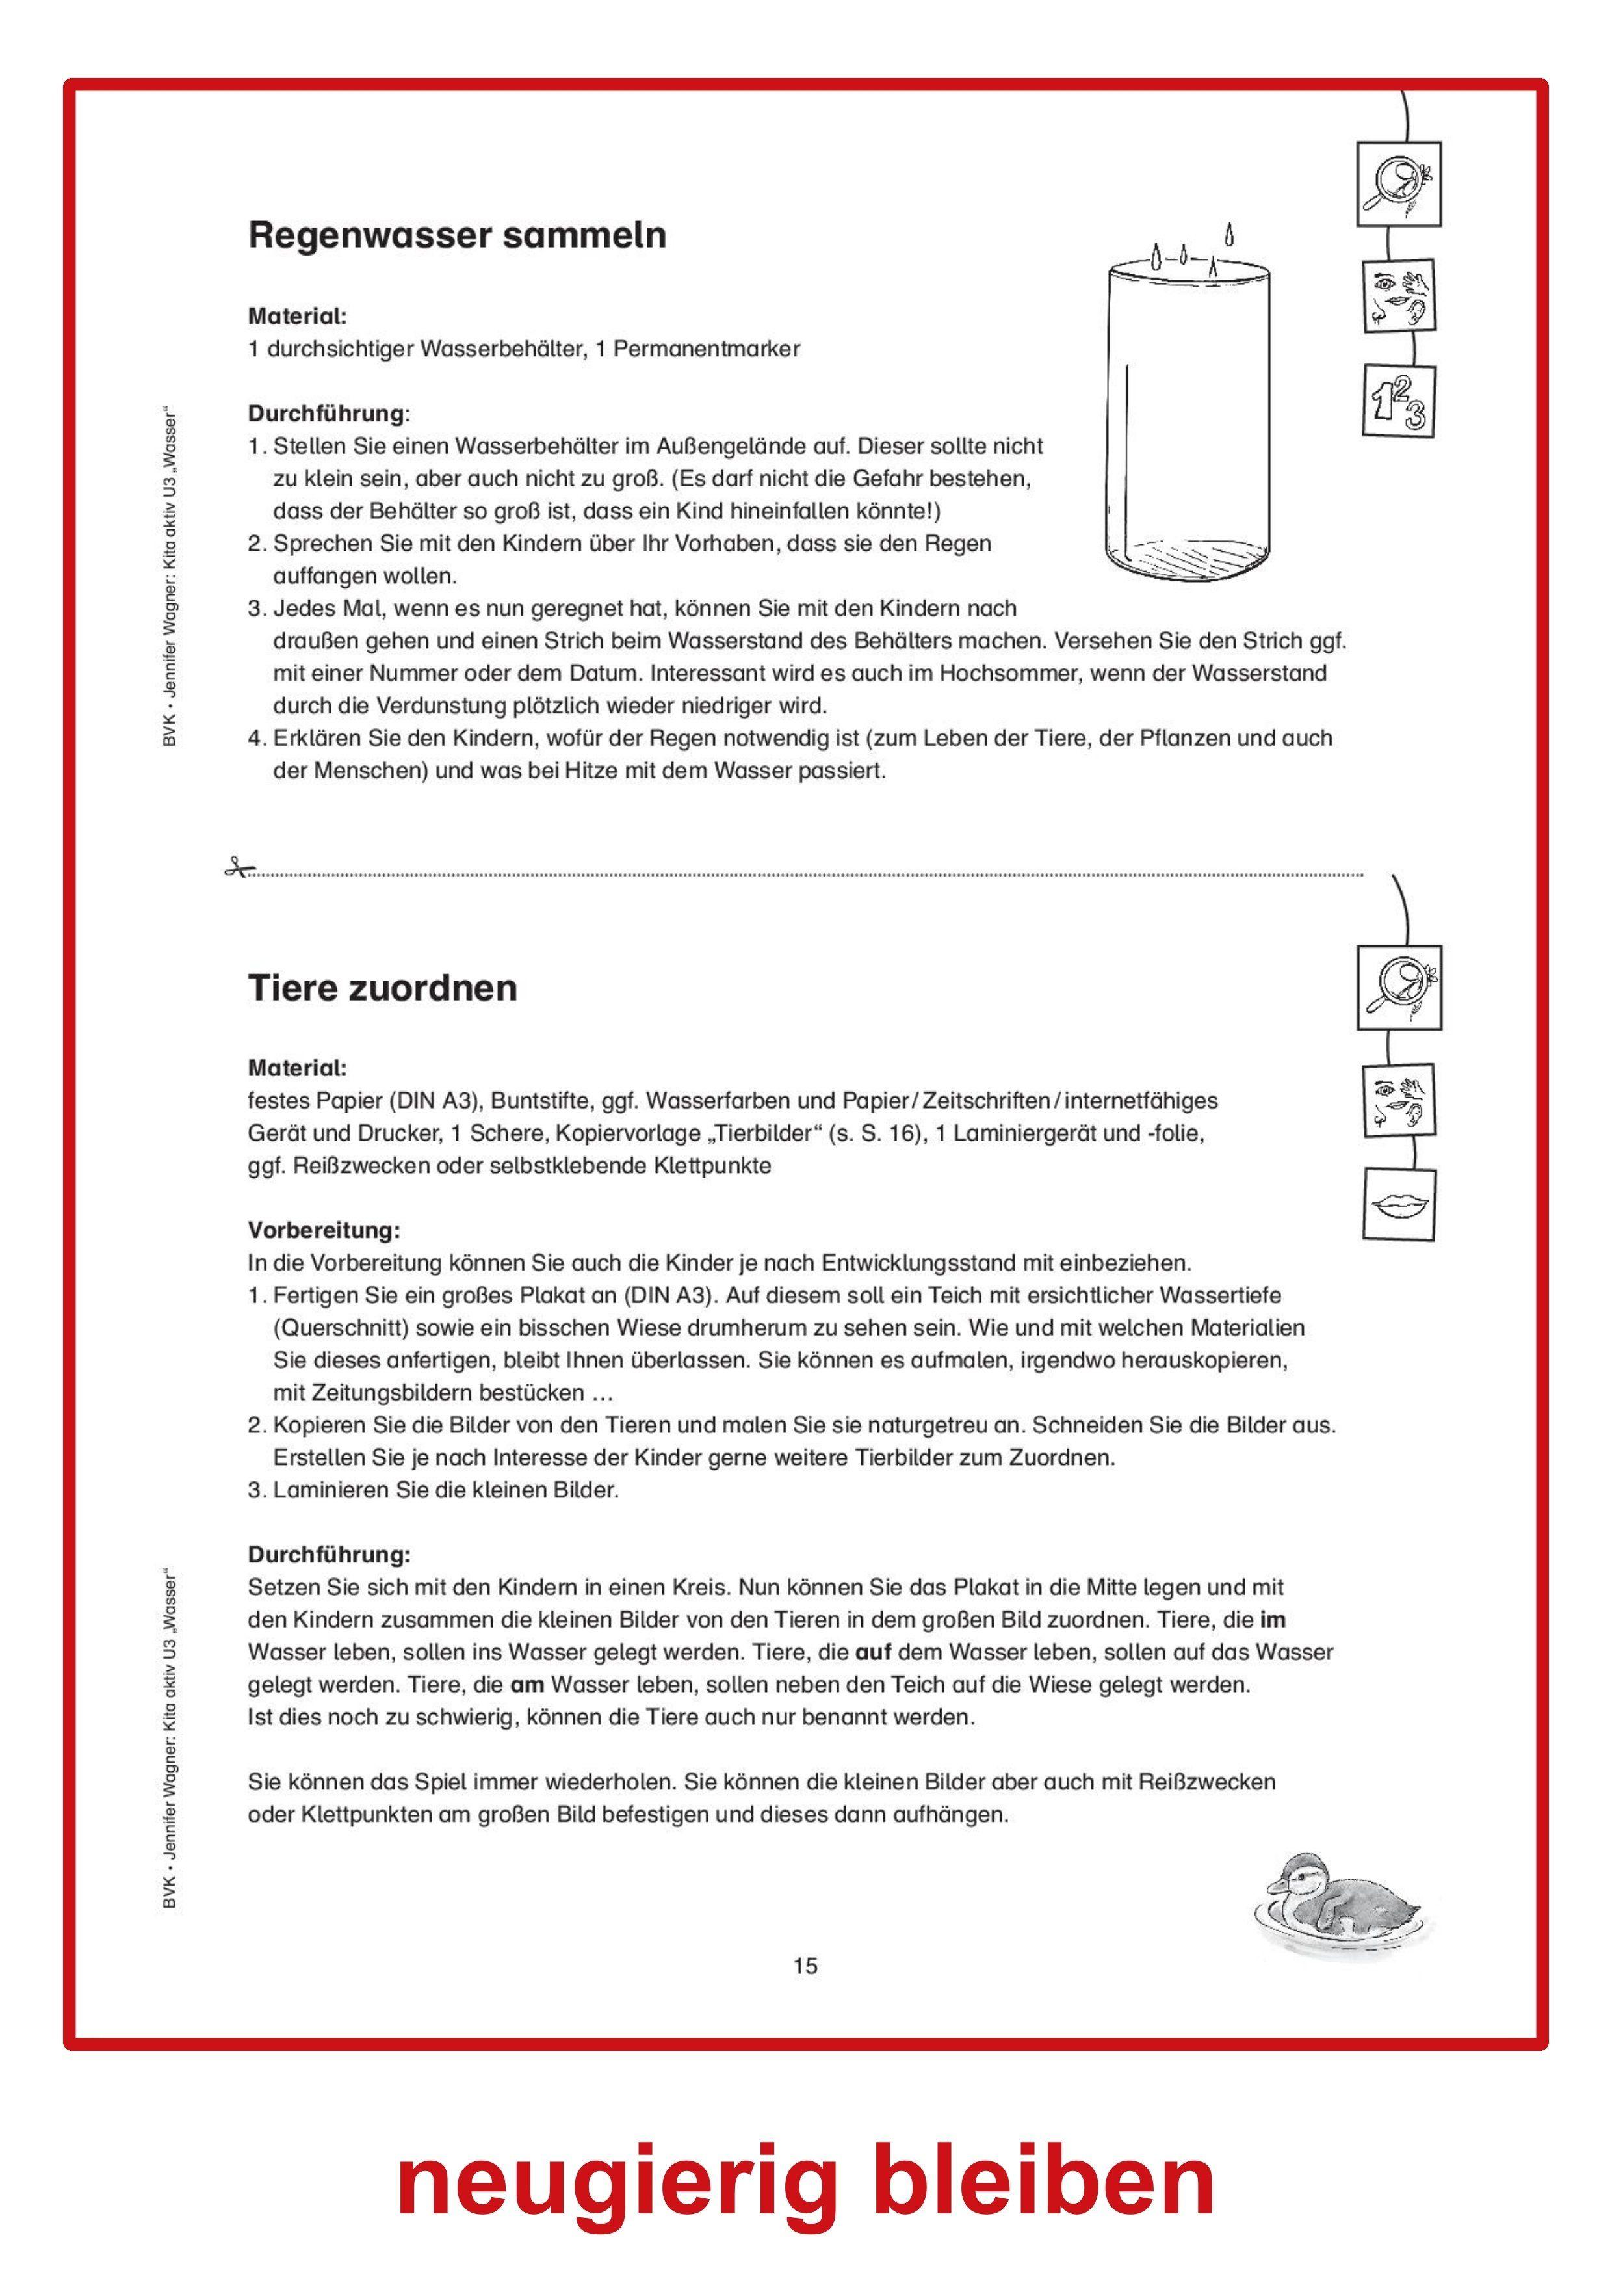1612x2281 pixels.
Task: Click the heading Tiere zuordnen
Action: (x=382, y=988)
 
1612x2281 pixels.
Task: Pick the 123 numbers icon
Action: (x=1398, y=401)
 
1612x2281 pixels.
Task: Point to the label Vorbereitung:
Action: (x=324, y=1230)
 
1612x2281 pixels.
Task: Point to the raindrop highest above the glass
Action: (x=1230, y=235)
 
